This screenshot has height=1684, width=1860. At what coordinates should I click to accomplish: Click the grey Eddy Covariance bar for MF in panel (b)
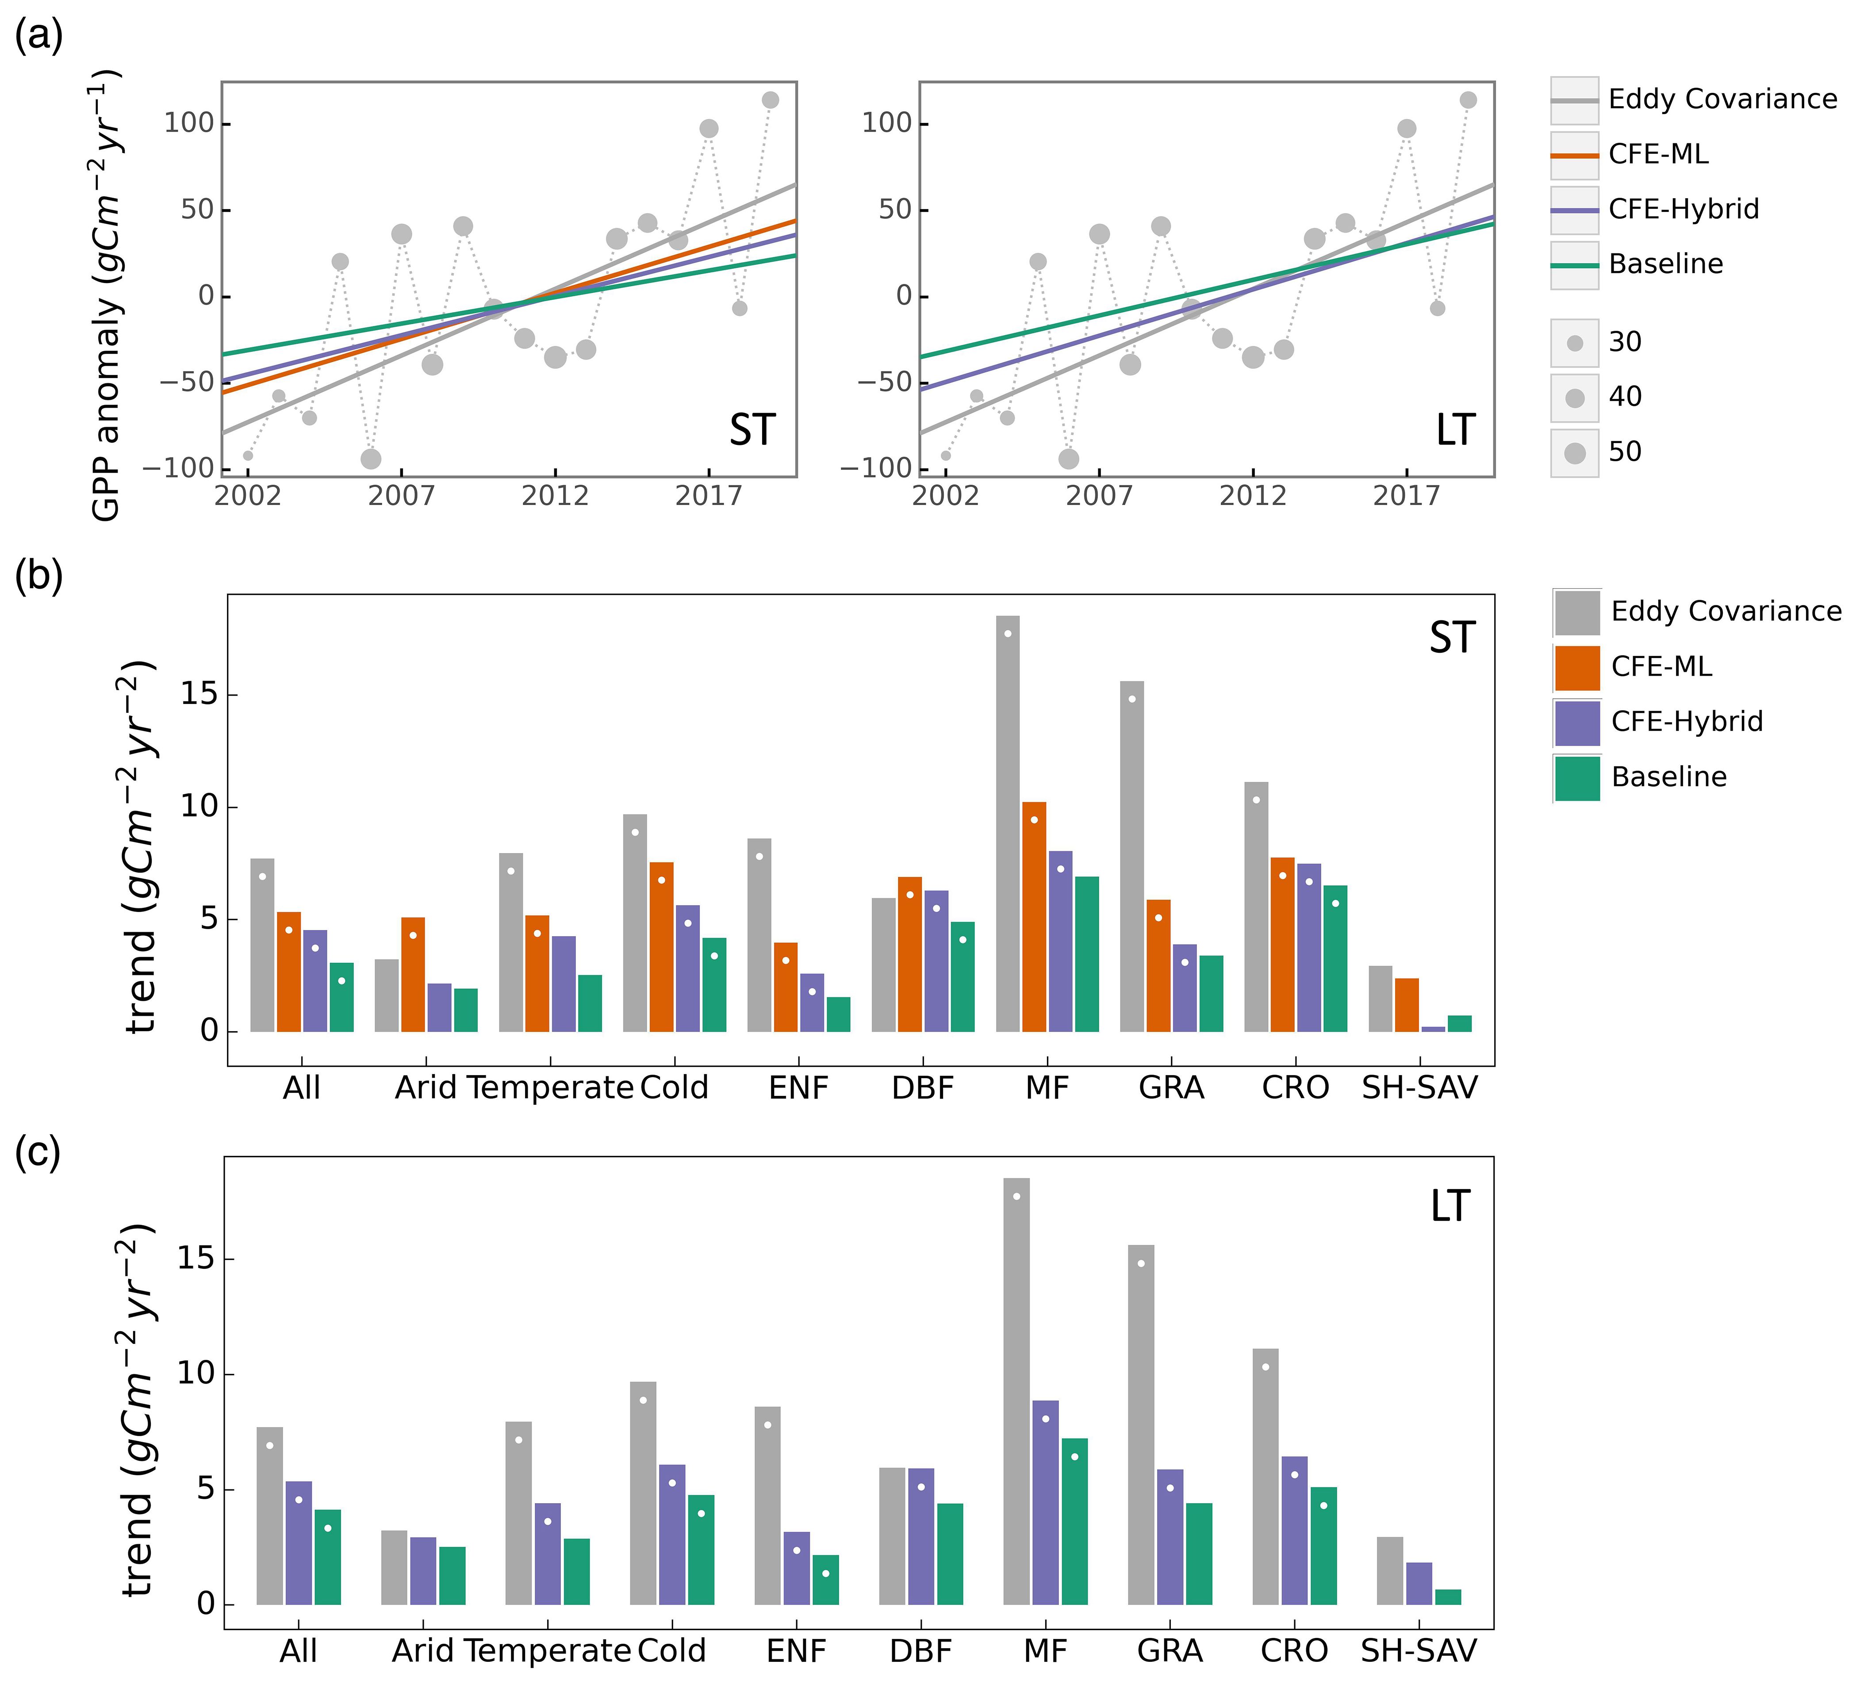[1009, 823]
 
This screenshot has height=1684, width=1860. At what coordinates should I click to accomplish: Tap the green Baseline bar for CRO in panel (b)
[1335, 958]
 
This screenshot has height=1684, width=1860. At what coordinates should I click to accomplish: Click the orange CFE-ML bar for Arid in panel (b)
[413, 975]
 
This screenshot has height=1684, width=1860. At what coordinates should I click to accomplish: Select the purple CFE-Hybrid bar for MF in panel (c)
[1045, 1502]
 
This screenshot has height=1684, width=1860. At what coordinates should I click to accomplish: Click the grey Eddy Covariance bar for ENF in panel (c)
[767, 1505]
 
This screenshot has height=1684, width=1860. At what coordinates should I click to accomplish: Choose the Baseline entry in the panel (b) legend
[1639, 777]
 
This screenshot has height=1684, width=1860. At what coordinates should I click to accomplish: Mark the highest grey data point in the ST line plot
[771, 100]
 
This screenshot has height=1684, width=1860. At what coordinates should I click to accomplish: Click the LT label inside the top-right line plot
[1456, 430]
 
